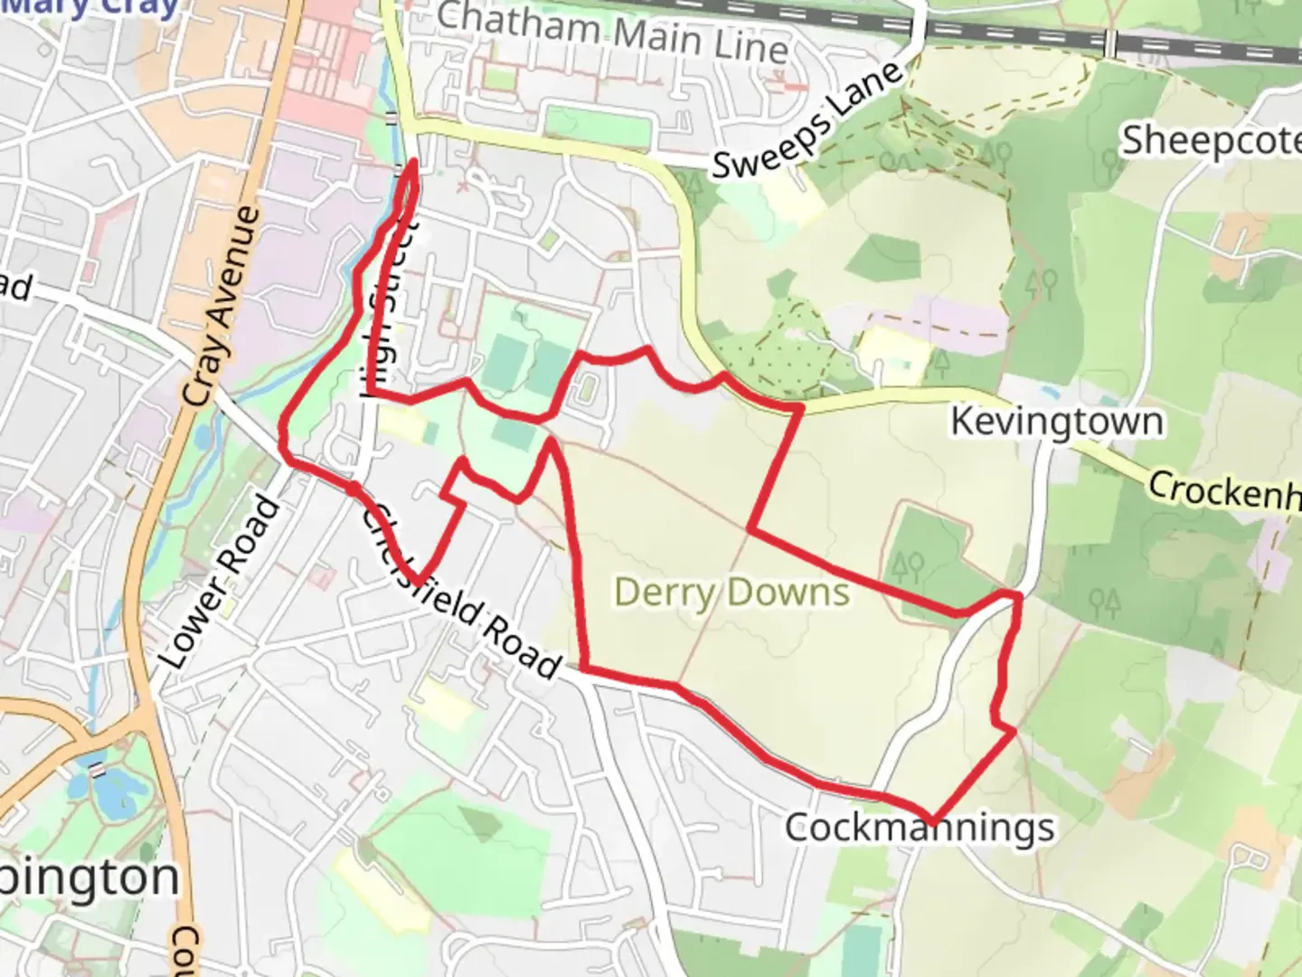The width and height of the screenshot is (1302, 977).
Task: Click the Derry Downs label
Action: [731, 593]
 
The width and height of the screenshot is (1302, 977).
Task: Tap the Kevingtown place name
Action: [1056, 422]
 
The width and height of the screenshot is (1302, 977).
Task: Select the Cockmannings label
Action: [919, 827]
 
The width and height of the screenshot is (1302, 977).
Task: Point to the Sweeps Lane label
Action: [807, 119]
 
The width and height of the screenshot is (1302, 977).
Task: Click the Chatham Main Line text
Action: [612, 33]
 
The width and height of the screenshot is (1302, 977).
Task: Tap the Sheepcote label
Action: [1212, 141]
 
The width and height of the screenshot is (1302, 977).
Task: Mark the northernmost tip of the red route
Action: [414, 162]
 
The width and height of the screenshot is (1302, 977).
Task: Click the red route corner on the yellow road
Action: [799, 409]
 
